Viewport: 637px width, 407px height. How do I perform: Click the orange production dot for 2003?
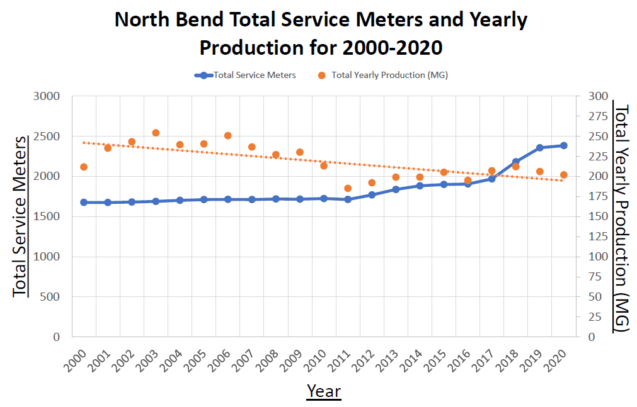156,133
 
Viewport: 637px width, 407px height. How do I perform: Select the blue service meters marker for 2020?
564,145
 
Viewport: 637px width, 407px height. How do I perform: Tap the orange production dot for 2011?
348,188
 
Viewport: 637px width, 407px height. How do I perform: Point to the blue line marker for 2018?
515,162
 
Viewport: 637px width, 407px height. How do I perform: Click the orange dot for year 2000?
84,167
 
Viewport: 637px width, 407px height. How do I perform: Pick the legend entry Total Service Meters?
255,75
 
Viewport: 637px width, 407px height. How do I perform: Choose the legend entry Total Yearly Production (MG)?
389,75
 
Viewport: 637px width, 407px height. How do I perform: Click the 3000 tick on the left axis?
46,96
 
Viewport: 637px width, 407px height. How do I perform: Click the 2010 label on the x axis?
315,362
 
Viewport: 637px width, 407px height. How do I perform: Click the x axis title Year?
324,391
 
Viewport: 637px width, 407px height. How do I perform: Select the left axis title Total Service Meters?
20,216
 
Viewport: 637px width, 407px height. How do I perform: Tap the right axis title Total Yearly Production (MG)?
622,217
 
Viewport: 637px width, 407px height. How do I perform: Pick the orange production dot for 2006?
228,135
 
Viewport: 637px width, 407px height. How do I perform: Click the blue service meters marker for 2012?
372,195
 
